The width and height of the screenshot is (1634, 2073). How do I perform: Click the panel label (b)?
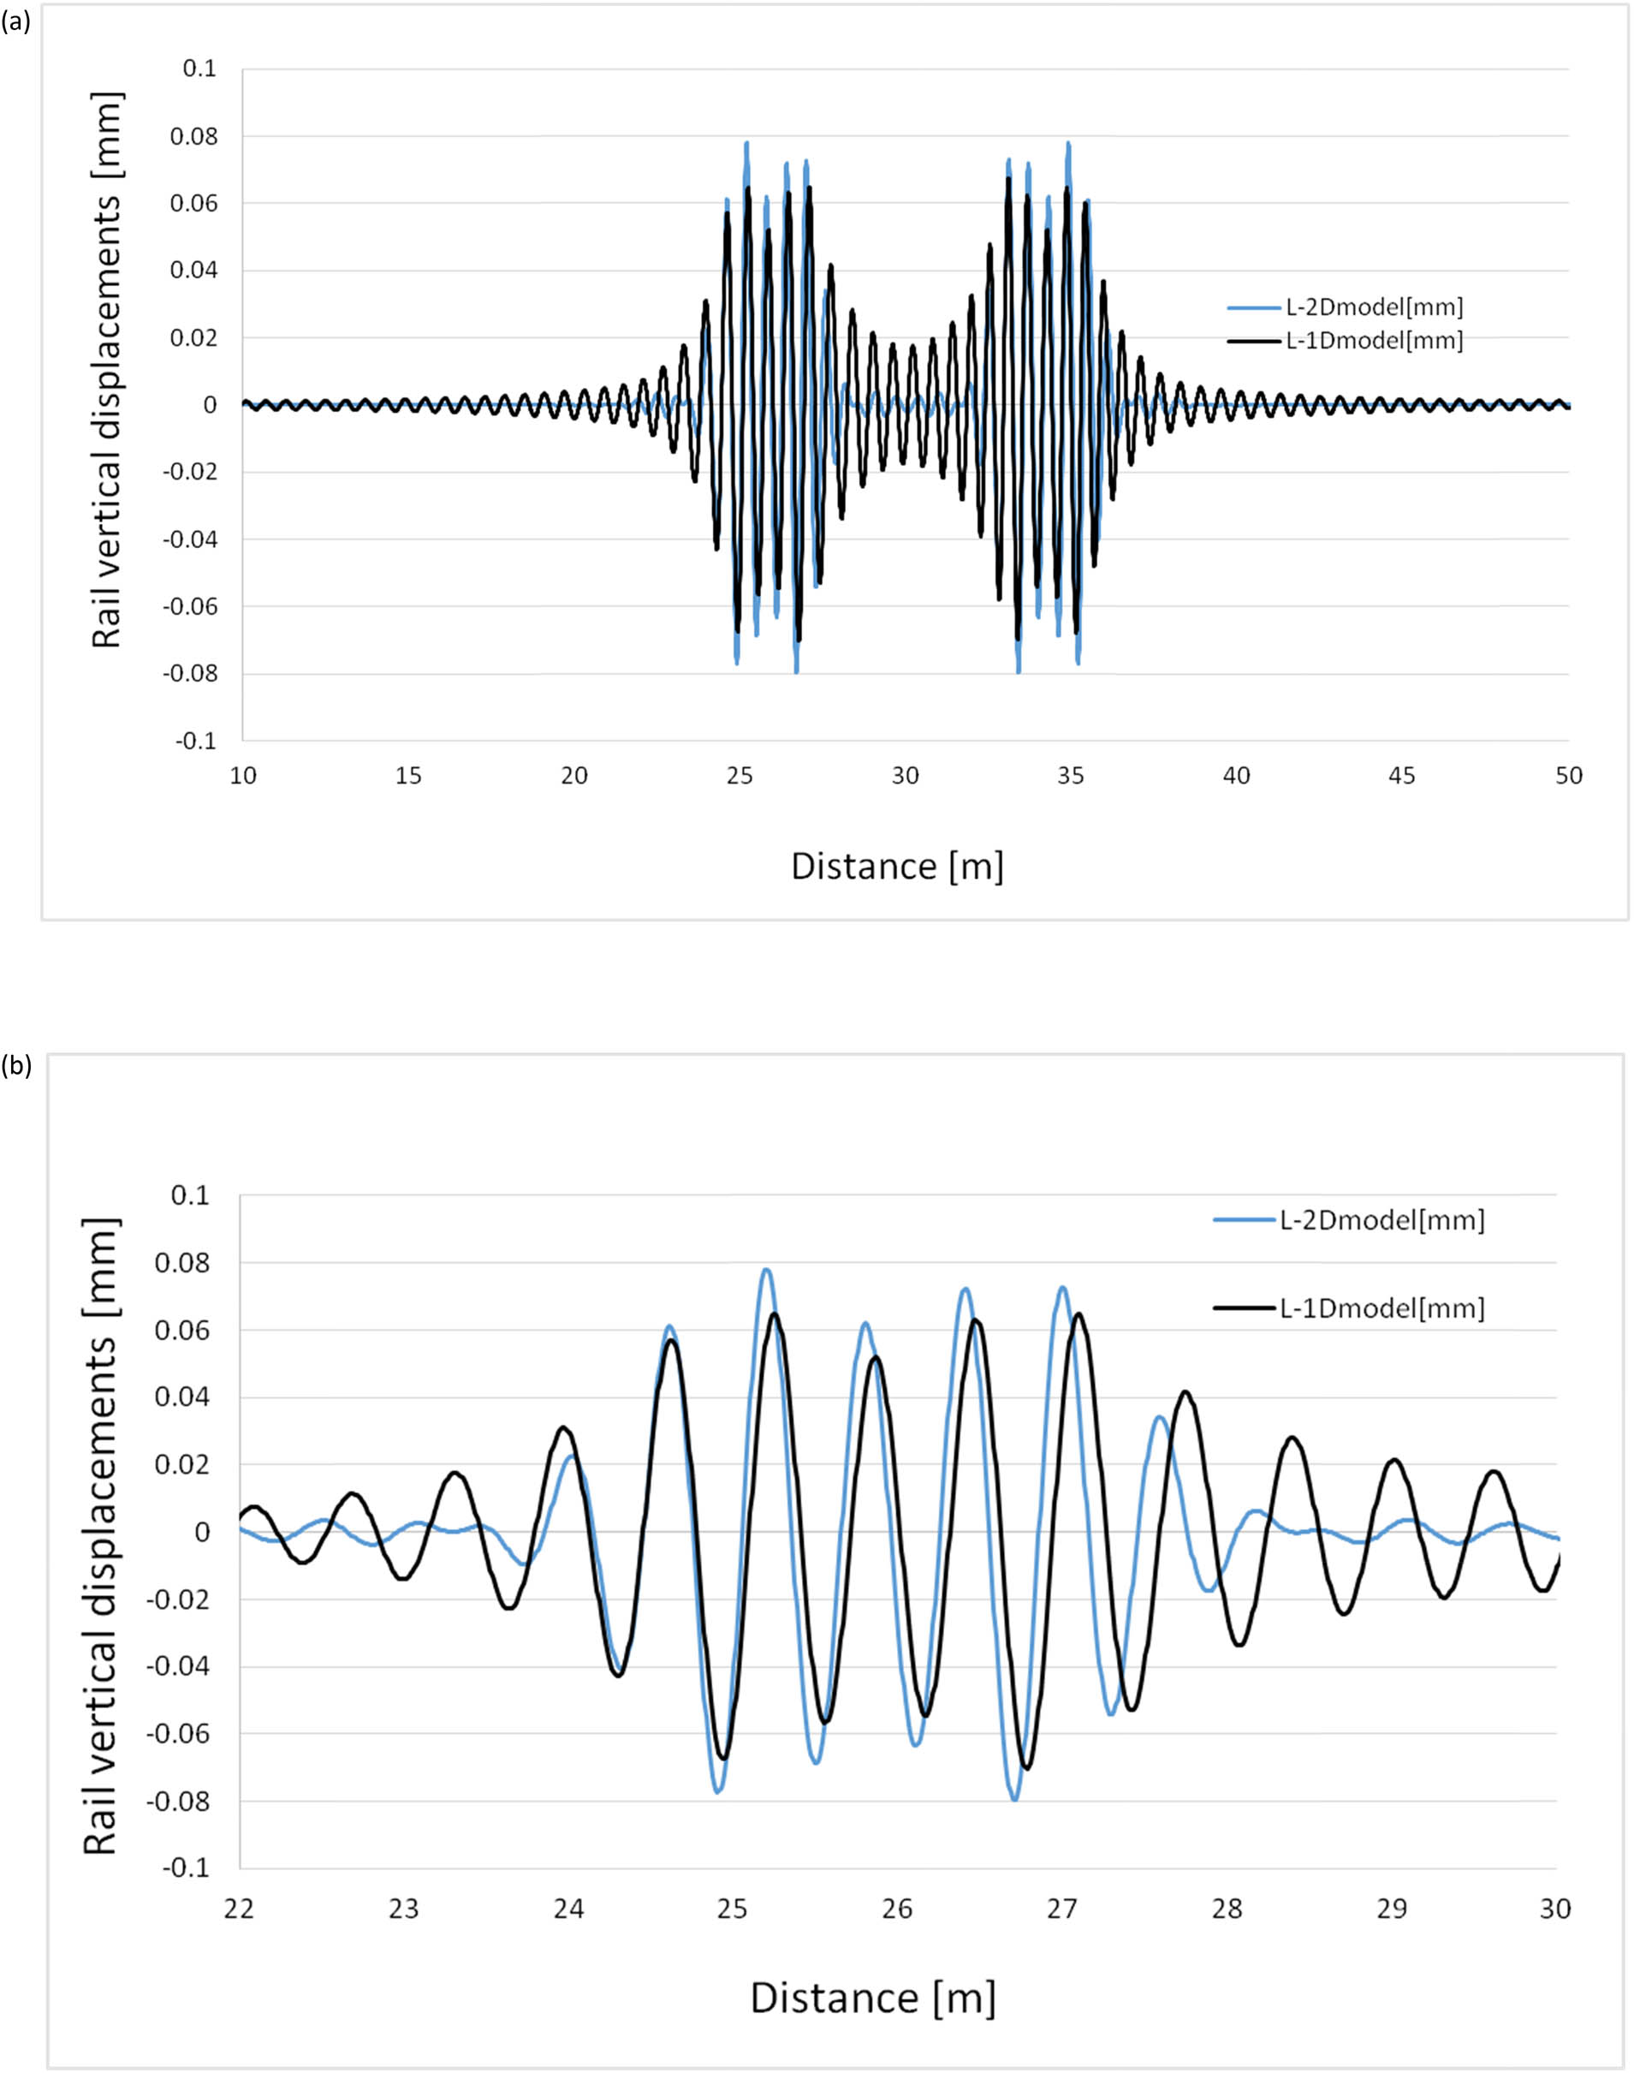point(16,1066)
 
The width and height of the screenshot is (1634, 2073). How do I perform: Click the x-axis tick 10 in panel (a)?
point(243,776)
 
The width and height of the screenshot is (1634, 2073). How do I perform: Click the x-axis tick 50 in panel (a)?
point(1569,776)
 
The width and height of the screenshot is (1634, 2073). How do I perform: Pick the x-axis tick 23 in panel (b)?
point(404,1909)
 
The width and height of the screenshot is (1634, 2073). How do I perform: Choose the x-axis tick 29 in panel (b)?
point(1392,1909)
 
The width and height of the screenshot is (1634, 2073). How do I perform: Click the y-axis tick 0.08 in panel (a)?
point(193,137)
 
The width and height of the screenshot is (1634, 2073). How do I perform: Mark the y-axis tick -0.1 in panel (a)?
point(195,741)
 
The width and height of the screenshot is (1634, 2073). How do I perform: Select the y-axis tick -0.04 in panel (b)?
point(177,1666)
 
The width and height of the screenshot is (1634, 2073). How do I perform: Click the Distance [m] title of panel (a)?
point(896,867)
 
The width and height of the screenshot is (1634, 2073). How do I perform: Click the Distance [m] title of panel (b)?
point(872,1999)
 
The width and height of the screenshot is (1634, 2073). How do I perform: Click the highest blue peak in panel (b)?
point(766,1270)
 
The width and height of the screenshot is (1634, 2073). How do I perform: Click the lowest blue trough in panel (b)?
point(1014,1799)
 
